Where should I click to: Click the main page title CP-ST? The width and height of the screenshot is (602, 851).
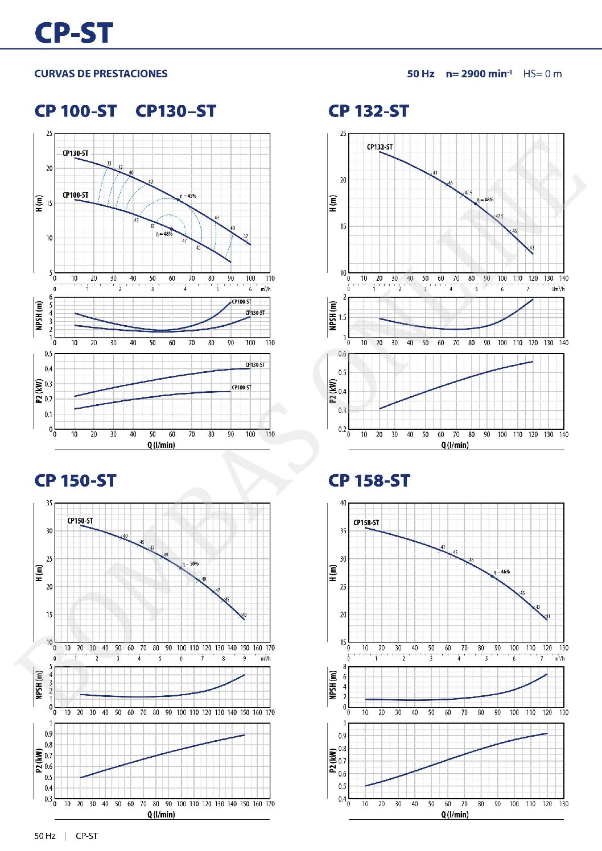pyautogui.click(x=74, y=33)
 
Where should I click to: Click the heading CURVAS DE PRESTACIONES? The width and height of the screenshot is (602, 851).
pyautogui.click(x=101, y=74)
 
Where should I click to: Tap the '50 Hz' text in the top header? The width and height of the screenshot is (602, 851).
pyautogui.click(x=420, y=74)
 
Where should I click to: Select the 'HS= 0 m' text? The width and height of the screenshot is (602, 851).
pyautogui.click(x=542, y=74)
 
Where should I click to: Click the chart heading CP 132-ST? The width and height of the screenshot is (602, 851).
pyautogui.click(x=368, y=111)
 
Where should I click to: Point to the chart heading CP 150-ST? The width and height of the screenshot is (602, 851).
pyautogui.click(x=75, y=481)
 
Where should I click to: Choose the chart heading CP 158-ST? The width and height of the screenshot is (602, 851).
pyautogui.click(x=369, y=481)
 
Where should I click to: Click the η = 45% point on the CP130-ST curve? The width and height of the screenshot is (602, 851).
pyautogui.click(x=178, y=200)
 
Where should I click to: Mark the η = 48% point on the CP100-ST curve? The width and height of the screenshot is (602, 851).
pyautogui.click(x=171, y=229)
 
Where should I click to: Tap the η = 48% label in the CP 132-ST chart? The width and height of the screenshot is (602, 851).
pyautogui.click(x=485, y=200)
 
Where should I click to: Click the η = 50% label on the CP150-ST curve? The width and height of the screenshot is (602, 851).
pyautogui.click(x=191, y=564)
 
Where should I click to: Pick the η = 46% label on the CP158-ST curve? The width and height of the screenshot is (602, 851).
pyautogui.click(x=502, y=572)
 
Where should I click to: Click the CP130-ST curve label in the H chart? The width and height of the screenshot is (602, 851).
pyautogui.click(x=75, y=153)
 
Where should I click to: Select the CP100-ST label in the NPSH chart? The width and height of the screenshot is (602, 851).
pyautogui.click(x=241, y=302)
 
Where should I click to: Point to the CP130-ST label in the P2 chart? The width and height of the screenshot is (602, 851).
pyautogui.click(x=255, y=365)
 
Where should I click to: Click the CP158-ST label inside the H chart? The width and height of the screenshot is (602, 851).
pyautogui.click(x=366, y=523)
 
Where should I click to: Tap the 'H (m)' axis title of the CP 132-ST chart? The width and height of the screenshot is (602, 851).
pyautogui.click(x=333, y=204)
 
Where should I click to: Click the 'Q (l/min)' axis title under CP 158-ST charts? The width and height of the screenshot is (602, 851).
pyautogui.click(x=455, y=815)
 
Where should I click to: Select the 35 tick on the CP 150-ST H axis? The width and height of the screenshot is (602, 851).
pyautogui.click(x=50, y=504)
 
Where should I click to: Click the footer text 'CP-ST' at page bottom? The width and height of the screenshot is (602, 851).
pyautogui.click(x=86, y=836)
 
